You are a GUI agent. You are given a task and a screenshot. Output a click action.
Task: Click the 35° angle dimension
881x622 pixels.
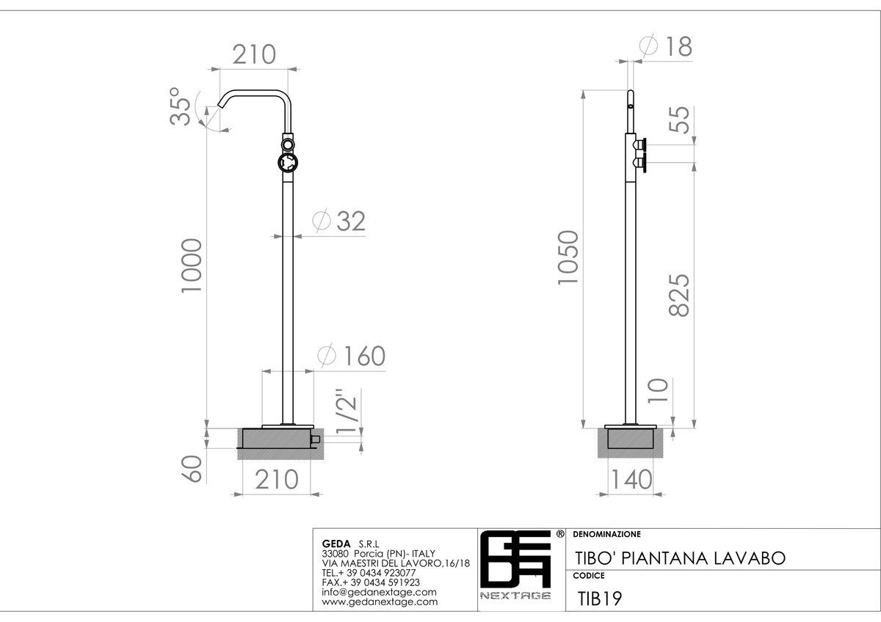point(180,106)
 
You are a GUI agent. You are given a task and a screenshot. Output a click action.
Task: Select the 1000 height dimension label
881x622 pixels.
point(192,266)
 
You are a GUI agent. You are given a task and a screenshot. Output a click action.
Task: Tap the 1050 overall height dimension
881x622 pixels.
point(568,257)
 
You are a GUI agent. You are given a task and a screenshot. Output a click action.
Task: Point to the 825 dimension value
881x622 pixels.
point(679,295)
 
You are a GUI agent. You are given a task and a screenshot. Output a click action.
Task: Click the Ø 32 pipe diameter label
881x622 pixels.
point(339,221)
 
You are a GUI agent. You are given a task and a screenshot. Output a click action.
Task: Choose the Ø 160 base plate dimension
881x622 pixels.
point(352,356)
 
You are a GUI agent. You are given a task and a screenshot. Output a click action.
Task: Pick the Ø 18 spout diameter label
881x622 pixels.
point(666,46)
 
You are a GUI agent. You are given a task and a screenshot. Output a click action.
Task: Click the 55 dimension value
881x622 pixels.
point(679,120)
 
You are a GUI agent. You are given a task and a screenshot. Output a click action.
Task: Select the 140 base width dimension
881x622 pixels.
point(631,480)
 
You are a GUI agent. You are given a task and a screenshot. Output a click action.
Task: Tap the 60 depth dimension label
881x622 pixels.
point(192,469)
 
